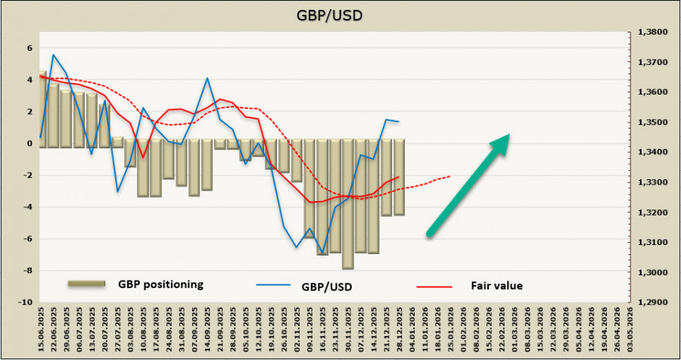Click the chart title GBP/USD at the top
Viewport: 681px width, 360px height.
coord(340,15)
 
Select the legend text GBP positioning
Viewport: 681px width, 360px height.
coord(160,284)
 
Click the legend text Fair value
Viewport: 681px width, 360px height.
coord(497,285)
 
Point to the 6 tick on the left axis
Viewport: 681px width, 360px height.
coord(30,48)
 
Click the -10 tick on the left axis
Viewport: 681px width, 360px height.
coord(26,303)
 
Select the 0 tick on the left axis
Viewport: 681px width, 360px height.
coord(30,143)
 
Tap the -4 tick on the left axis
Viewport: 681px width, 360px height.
coord(28,207)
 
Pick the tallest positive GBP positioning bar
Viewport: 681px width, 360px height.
coord(42,106)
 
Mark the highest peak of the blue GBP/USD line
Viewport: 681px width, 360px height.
coord(53,54)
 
